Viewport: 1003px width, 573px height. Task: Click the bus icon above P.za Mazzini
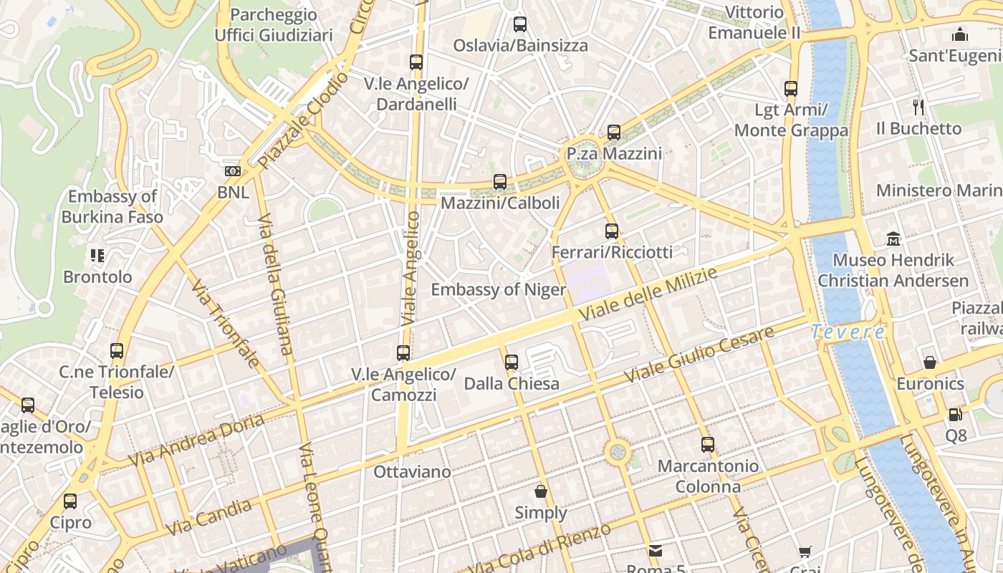point(614,133)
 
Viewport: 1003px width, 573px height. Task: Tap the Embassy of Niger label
point(498,290)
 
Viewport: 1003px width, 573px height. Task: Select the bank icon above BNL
point(233,171)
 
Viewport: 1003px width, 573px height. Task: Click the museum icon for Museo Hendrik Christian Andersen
point(893,239)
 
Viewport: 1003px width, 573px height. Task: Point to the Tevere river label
point(848,332)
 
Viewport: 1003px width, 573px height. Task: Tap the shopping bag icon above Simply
point(541,491)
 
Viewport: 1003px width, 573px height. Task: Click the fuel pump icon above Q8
point(955,414)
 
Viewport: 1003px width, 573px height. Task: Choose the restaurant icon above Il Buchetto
point(918,107)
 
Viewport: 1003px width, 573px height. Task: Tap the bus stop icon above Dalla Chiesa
point(511,362)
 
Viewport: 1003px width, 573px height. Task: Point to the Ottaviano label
point(413,472)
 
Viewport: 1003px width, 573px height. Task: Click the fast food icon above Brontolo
point(97,255)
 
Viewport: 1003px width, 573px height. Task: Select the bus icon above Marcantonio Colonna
point(708,444)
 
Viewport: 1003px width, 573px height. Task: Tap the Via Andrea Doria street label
point(197,439)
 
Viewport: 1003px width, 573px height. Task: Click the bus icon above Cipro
point(70,501)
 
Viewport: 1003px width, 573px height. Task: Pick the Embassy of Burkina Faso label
point(112,206)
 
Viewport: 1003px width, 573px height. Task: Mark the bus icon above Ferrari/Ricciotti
point(611,231)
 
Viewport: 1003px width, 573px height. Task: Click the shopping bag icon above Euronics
point(930,362)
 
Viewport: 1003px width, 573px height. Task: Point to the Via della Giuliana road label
point(276,284)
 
